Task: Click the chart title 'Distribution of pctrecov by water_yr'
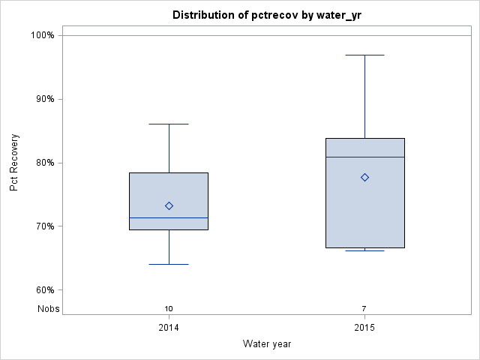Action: [266, 15]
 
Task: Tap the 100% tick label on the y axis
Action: [42, 35]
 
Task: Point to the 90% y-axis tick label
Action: [44, 99]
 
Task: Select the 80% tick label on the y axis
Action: [44, 163]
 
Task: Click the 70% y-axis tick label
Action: [44, 226]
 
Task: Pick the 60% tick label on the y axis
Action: [44, 290]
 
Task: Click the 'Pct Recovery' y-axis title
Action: [14, 163]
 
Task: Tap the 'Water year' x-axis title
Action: [266, 343]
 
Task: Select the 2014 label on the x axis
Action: [169, 328]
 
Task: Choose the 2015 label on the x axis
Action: [364, 328]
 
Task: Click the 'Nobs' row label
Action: [49, 308]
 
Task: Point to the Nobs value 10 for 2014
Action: [169, 308]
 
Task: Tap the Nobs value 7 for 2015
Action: [364, 308]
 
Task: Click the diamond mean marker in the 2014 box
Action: [169, 205]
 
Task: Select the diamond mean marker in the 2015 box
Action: [364, 177]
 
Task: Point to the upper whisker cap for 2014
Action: [169, 124]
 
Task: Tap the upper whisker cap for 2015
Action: [364, 55]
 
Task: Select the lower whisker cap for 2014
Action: [169, 264]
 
